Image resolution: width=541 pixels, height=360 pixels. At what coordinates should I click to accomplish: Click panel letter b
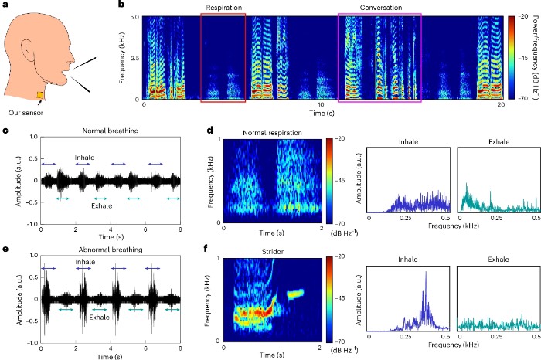(x=121, y=5)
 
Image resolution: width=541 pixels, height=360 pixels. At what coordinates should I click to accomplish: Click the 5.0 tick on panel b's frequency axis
(x=134, y=17)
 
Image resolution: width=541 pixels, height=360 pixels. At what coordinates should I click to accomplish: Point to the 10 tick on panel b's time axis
(x=322, y=104)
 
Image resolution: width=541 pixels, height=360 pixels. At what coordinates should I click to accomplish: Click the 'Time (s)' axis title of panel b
(x=322, y=114)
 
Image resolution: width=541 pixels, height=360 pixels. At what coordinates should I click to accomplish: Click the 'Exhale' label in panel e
(x=99, y=318)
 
